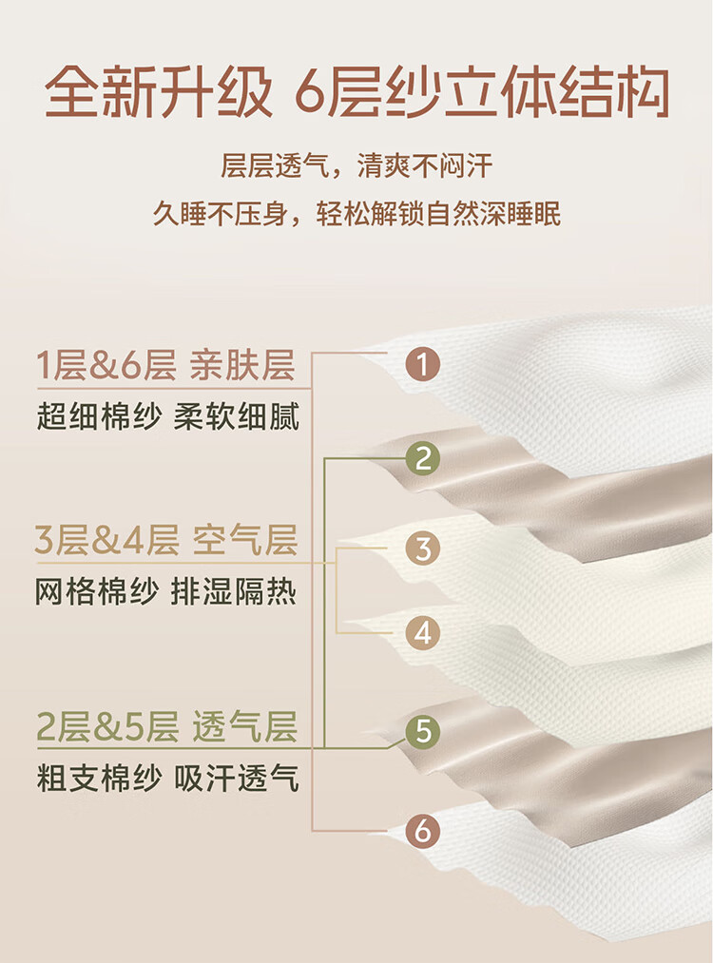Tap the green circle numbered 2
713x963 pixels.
coord(422,458)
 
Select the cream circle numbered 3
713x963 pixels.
coord(422,549)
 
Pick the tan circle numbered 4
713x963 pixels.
coord(422,633)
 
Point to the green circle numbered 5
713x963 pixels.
coord(422,731)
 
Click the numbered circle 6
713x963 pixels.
coord(422,830)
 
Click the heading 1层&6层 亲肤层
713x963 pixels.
coord(165,365)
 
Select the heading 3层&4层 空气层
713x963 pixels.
coord(165,540)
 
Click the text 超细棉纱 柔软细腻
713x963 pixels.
coord(167,417)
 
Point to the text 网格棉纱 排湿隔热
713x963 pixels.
coord(165,591)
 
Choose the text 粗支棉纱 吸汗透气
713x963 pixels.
coord(167,779)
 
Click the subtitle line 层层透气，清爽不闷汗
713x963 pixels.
coord(356,165)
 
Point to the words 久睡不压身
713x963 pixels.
coord(220,214)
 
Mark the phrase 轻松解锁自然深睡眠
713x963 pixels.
coord(438,214)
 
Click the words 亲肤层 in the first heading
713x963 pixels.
coord(242,365)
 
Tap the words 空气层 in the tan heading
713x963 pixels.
coord(245,540)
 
